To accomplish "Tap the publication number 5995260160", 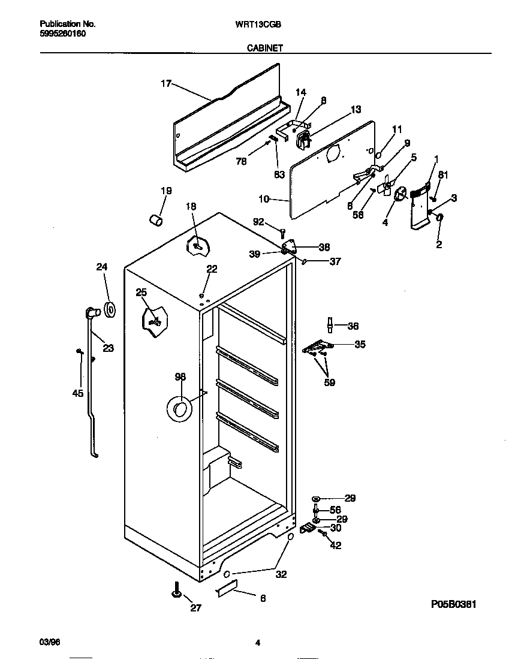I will point(62,34).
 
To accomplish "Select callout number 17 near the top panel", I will point(166,84).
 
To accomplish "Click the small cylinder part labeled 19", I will point(156,221).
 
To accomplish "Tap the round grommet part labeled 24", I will point(110,310).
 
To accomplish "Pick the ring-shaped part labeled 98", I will point(178,409).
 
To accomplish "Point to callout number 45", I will point(77,393).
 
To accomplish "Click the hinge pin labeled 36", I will point(330,324).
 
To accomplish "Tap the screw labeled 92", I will point(283,232).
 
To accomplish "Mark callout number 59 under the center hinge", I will point(329,382).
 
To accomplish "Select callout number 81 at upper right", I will point(442,175).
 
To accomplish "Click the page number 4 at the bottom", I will point(258,643).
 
